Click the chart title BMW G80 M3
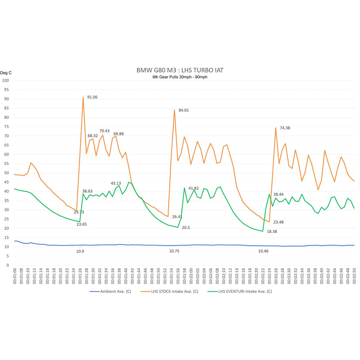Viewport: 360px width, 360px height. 180,70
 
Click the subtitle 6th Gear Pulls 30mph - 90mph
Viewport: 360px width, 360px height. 180,77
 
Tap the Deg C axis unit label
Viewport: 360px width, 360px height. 6,73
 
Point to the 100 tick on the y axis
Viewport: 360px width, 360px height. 5,80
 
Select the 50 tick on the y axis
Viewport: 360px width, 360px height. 7,173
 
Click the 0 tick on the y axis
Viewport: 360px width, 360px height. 8,265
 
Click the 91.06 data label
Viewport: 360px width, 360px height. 92,97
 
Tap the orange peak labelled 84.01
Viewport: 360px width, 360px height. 175,110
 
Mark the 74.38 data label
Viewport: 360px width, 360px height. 285,128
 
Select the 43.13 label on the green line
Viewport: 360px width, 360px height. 116,183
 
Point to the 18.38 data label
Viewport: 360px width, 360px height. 272,232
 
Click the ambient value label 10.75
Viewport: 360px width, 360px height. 174,251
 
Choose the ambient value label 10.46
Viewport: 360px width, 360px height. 263,251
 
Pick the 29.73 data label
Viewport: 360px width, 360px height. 79,212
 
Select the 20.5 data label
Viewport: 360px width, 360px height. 186,228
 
